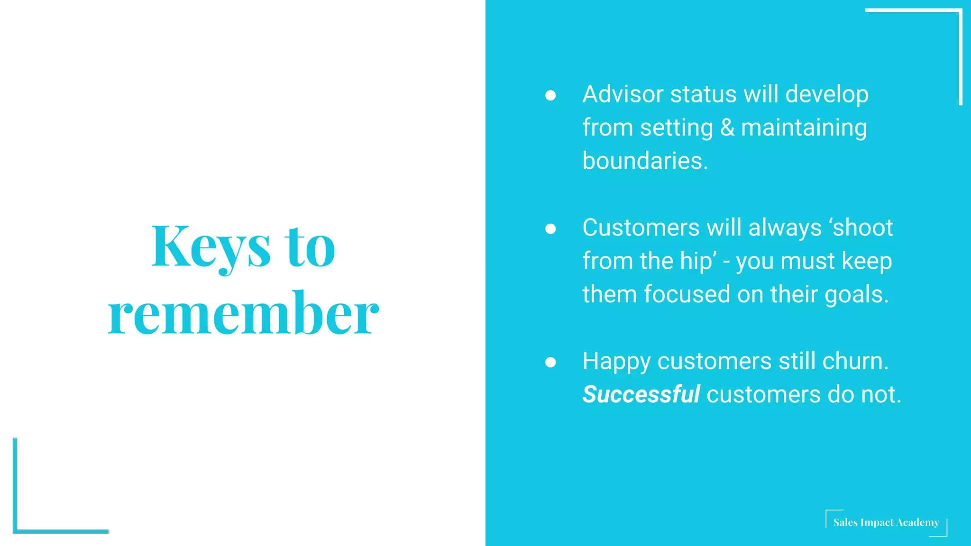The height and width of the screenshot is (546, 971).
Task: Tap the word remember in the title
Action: (243, 313)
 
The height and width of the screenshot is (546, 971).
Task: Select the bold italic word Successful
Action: (641, 394)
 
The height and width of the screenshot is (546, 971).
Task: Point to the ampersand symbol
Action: (727, 127)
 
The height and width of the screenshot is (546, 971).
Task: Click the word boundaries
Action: (645, 161)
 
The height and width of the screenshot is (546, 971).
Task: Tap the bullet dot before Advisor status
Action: (550, 95)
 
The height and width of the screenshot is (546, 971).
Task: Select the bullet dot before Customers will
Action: (550, 229)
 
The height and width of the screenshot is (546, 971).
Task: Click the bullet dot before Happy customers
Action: (550, 363)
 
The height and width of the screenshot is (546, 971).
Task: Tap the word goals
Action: (856, 294)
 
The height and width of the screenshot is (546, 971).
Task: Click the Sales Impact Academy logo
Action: (886, 522)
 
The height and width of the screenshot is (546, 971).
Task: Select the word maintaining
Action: (804, 127)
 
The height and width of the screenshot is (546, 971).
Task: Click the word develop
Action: (826, 94)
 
